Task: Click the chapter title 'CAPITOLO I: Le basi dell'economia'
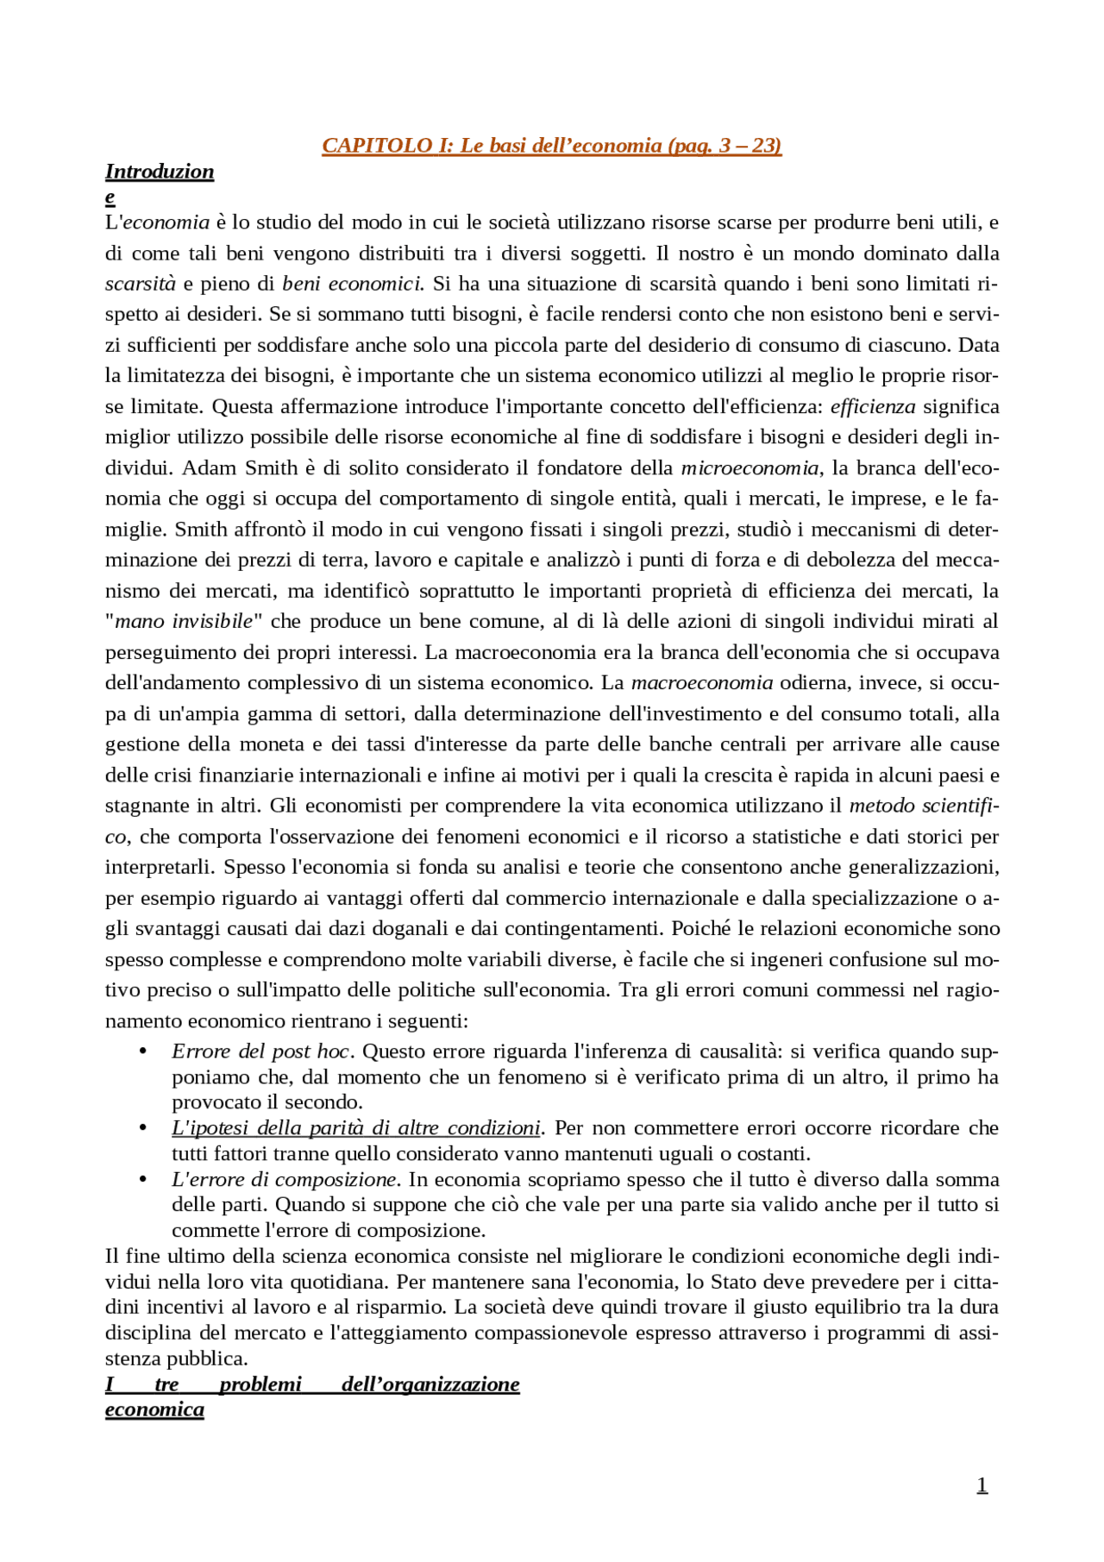(x=551, y=145)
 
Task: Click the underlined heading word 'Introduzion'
(x=160, y=172)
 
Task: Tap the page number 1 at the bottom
(x=982, y=1484)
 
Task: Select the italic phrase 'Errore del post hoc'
(x=260, y=1051)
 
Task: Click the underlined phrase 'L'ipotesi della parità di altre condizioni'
(x=355, y=1128)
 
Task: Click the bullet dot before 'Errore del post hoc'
(x=143, y=1051)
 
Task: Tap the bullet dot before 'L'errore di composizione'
(x=143, y=1179)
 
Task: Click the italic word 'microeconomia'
(x=750, y=467)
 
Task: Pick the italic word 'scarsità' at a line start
(x=140, y=284)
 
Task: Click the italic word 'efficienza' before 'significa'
(x=873, y=406)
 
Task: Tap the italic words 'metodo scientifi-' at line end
(x=924, y=806)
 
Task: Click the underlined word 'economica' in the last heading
(x=154, y=1409)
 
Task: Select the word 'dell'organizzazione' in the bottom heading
(x=430, y=1384)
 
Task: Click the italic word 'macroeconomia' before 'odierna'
(x=701, y=682)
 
